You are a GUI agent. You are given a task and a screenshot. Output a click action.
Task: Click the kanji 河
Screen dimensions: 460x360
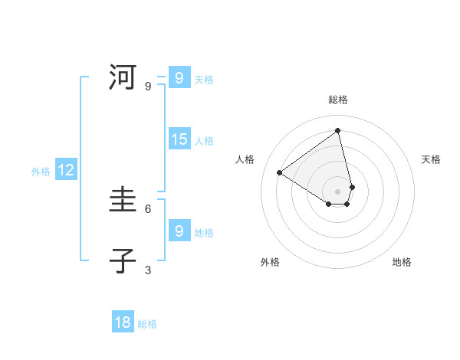[123, 77]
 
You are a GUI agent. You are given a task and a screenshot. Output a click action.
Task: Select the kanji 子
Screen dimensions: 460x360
[123, 261]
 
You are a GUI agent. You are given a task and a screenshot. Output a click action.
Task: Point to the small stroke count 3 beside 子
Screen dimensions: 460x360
[148, 270]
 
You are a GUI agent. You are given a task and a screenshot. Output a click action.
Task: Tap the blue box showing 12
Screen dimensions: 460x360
[66, 170]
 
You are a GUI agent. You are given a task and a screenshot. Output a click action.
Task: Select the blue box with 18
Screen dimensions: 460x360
[123, 322]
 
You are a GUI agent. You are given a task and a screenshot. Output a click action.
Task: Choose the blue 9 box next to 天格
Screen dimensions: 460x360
[179, 77]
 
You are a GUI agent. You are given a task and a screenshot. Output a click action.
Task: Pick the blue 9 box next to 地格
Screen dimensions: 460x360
[179, 231]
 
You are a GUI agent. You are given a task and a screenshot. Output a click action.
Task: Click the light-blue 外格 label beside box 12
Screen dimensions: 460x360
[41, 172]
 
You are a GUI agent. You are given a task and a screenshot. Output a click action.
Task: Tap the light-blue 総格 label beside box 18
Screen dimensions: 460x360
[147, 324]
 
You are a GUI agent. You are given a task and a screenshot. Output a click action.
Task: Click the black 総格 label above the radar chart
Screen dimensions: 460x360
[338, 100]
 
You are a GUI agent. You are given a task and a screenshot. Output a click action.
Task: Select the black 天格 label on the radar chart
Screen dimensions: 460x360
[431, 159]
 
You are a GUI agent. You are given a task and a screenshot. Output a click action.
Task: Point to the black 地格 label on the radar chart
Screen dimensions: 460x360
[402, 262]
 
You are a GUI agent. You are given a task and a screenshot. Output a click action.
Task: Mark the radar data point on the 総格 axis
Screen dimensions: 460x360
[338, 130]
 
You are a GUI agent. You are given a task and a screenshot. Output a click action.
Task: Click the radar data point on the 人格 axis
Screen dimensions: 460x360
[280, 172]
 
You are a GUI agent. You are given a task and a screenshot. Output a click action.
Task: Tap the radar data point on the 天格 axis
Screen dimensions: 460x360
[352, 187]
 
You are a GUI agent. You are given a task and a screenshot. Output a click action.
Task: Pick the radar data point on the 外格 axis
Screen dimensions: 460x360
[329, 204]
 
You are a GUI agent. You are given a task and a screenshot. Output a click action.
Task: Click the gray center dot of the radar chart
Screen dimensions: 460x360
[338, 191]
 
